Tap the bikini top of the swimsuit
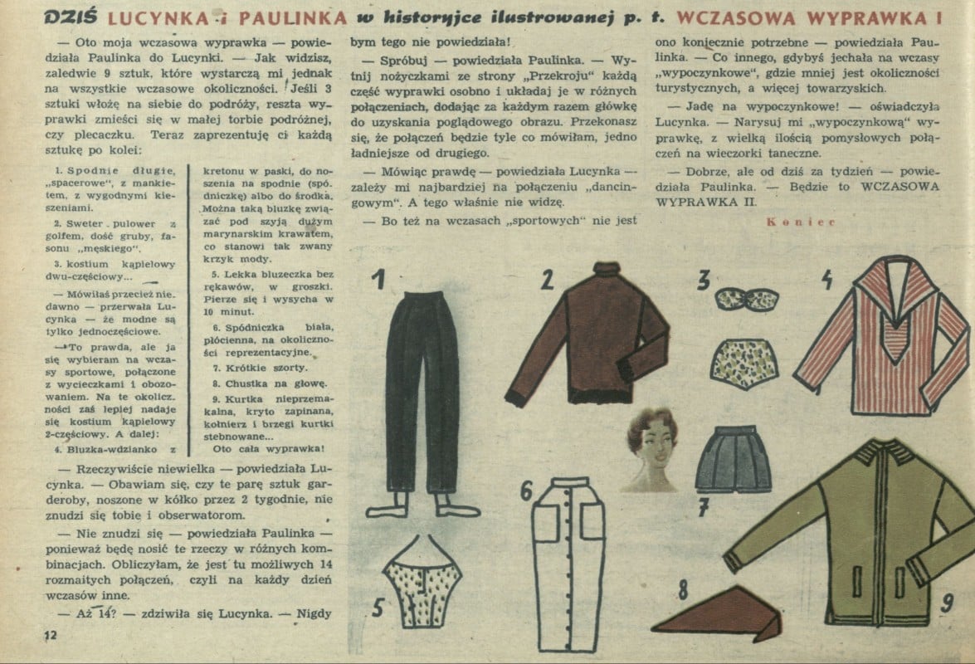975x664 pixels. tap(746, 300)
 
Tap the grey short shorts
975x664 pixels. tap(734, 459)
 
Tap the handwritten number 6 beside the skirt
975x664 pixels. tap(527, 491)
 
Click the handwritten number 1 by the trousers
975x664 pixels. tap(378, 279)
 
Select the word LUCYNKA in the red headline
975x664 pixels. tap(158, 18)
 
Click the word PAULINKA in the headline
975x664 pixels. tap(293, 18)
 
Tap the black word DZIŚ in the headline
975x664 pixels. tap(71, 17)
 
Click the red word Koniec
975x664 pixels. tap(801, 222)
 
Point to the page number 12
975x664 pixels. tap(51, 635)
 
